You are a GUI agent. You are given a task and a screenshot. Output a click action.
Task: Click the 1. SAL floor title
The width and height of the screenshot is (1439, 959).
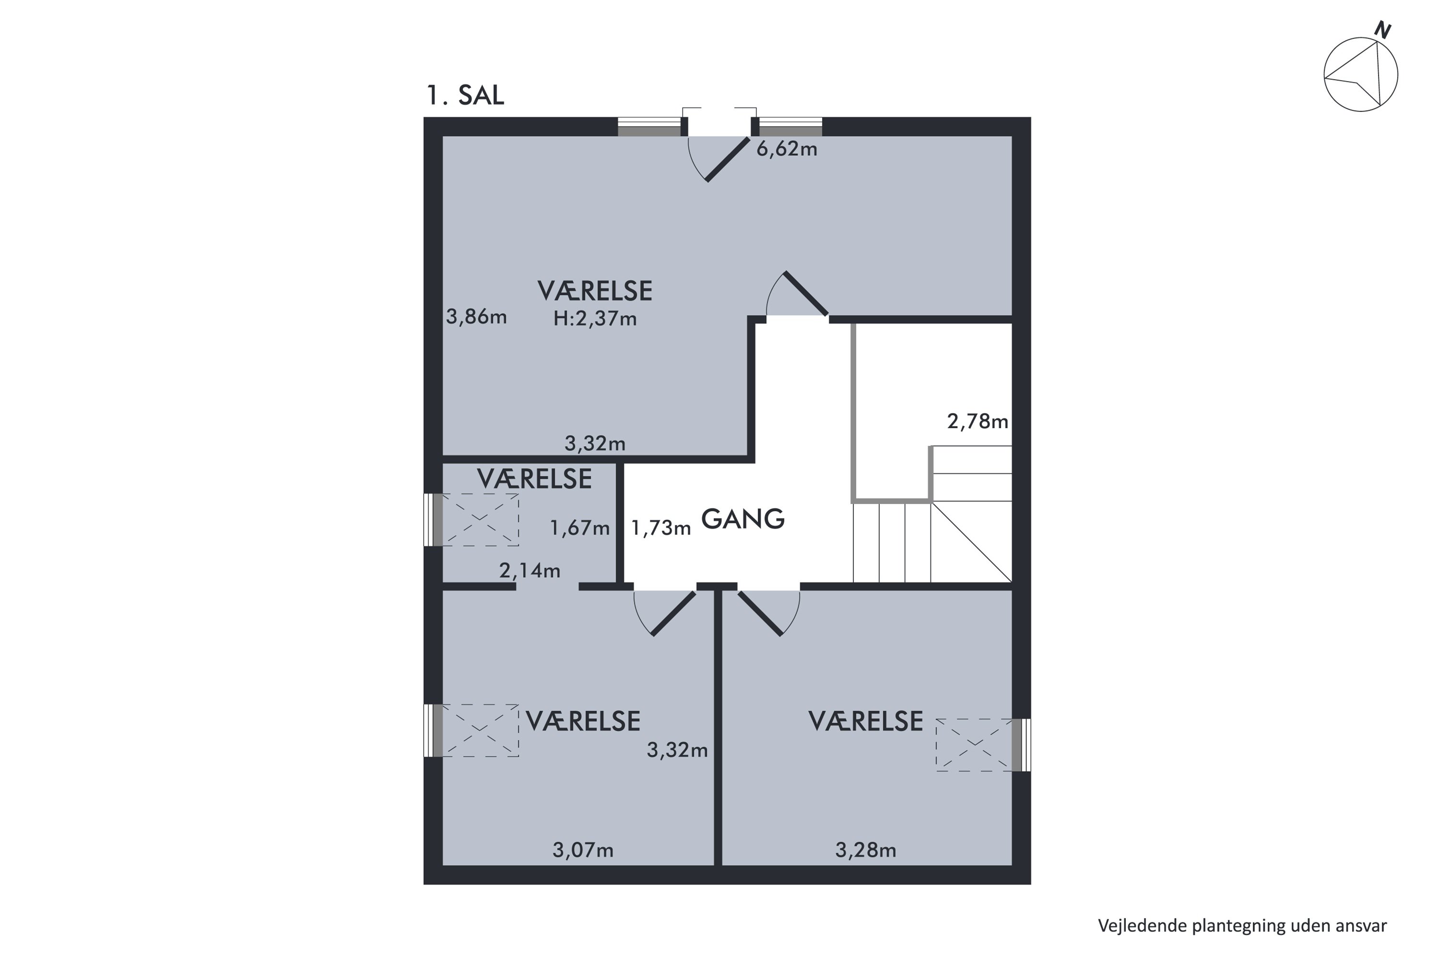coord(465,95)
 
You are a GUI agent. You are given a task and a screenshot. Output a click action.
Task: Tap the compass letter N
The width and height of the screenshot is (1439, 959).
coord(1383,30)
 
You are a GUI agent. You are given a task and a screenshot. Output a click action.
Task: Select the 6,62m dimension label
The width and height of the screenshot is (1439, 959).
coord(787,149)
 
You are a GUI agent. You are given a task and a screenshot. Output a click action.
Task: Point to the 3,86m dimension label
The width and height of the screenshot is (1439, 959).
coord(476,317)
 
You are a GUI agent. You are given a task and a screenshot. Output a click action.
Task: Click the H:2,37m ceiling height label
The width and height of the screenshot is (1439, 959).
coord(595,319)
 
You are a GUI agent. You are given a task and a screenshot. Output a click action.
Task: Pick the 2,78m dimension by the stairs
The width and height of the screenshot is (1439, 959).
coord(977,421)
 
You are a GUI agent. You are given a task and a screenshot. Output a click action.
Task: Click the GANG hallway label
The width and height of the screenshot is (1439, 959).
coord(742,519)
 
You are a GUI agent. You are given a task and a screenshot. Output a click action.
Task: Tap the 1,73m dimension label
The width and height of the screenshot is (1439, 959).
coord(661,528)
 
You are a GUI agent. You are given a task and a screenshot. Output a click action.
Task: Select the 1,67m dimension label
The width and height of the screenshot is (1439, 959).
coord(579,528)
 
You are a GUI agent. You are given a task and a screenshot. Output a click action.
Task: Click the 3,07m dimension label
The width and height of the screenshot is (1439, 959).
coord(582,850)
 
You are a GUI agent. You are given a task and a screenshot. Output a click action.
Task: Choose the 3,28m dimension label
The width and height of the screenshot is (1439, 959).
coord(865,850)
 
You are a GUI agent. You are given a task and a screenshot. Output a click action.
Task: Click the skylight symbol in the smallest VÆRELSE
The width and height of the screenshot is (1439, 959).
coord(480,520)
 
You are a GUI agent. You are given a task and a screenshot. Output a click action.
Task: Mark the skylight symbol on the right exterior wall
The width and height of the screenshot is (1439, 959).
coord(975,745)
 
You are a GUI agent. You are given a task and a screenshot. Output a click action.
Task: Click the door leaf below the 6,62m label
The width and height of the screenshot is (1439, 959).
coord(728,160)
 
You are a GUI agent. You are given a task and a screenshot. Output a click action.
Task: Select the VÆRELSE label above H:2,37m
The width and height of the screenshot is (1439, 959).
coord(595,291)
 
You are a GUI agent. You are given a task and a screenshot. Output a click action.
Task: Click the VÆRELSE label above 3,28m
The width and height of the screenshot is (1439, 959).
coord(866,722)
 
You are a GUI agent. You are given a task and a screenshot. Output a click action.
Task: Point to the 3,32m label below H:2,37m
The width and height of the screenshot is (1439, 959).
coord(595,444)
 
